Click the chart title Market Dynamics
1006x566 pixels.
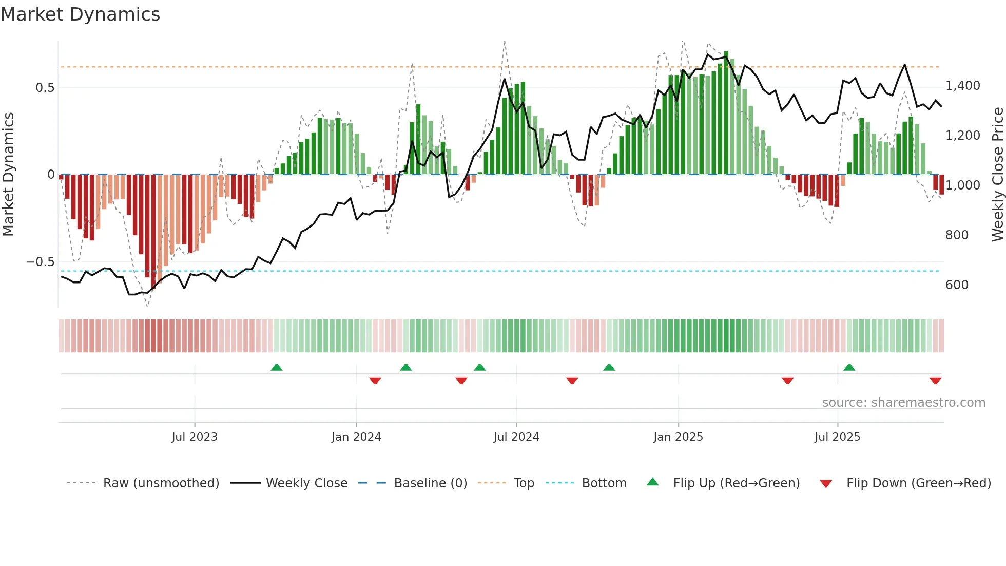[80, 14]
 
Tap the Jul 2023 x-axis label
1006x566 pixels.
[195, 437]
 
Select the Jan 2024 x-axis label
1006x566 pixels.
[356, 437]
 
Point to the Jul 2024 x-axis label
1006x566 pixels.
[516, 437]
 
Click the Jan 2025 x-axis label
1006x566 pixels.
[678, 437]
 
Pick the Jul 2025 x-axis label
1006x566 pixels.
[837, 437]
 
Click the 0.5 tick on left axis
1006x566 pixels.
[45, 88]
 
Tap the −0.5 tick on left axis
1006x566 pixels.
[40, 262]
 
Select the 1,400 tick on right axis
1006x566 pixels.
[962, 86]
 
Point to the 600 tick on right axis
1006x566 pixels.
[957, 285]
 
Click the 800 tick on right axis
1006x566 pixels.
[957, 235]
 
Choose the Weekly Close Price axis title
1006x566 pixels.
[997, 175]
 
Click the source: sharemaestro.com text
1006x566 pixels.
[903, 403]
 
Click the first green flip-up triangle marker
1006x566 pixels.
[276, 368]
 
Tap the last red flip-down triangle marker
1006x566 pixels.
[935, 381]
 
